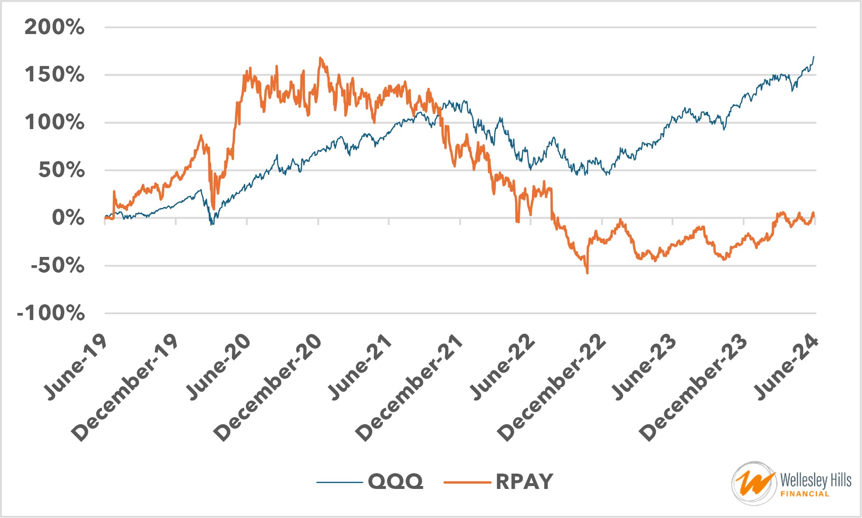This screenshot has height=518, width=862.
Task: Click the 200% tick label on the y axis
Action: (54, 28)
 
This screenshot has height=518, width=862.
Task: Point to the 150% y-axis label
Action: (54, 75)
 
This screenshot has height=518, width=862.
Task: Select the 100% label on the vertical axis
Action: (54, 123)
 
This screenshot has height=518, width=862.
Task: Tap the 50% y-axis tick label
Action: (61, 171)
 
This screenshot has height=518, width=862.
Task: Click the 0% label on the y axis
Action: (68, 218)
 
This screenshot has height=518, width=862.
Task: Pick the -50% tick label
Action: (58, 266)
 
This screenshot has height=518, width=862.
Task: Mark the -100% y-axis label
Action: (51, 313)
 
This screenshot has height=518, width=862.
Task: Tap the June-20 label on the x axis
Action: (218, 367)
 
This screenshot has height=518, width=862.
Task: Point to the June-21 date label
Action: (360, 367)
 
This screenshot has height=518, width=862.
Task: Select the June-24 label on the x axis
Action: (786, 367)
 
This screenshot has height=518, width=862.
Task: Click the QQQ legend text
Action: (395, 482)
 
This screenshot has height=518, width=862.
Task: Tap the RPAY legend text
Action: (524, 482)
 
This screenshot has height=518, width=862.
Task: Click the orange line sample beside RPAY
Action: (467, 482)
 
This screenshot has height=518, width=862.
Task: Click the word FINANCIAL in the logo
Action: (805, 494)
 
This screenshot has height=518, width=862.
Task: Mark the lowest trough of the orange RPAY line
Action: (587, 273)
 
